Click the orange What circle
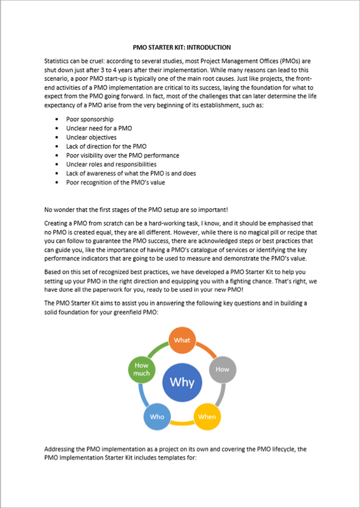tap(182, 340)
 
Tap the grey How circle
tap(222, 369)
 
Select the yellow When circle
tap(207, 417)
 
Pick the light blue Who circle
tap(157, 417)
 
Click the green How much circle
tap(141, 369)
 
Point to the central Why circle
tap(182, 382)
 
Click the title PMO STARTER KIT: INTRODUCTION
tap(182, 47)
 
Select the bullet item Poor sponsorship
tap(90, 119)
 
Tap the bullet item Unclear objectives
tap(91, 137)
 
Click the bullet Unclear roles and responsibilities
tap(111, 164)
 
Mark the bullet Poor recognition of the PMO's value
tap(115, 182)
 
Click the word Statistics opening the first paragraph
tap(58, 61)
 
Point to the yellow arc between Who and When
tap(182, 423)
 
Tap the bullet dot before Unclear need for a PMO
tap(57, 128)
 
